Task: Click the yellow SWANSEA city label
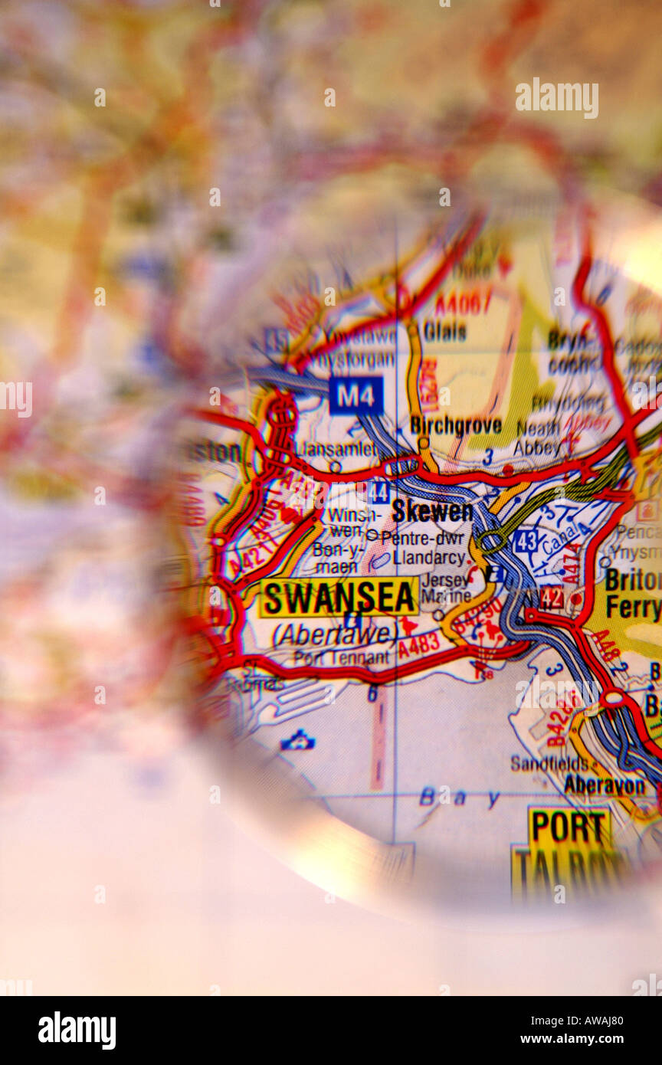[x=339, y=598]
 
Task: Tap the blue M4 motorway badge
[x=356, y=395]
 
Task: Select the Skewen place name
[x=432, y=511]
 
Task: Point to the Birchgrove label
[x=456, y=425]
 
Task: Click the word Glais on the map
[x=444, y=332]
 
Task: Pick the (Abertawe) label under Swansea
[x=335, y=634]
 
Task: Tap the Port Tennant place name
[x=341, y=658]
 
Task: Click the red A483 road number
[x=419, y=646]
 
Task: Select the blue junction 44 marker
[x=378, y=493]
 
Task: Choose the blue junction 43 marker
[x=526, y=541]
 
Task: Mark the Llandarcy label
[x=428, y=558]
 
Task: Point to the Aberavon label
[x=605, y=784]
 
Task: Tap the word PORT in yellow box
[x=569, y=827]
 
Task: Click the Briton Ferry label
[x=632, y=594]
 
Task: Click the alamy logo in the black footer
[x=77, y=1030]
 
